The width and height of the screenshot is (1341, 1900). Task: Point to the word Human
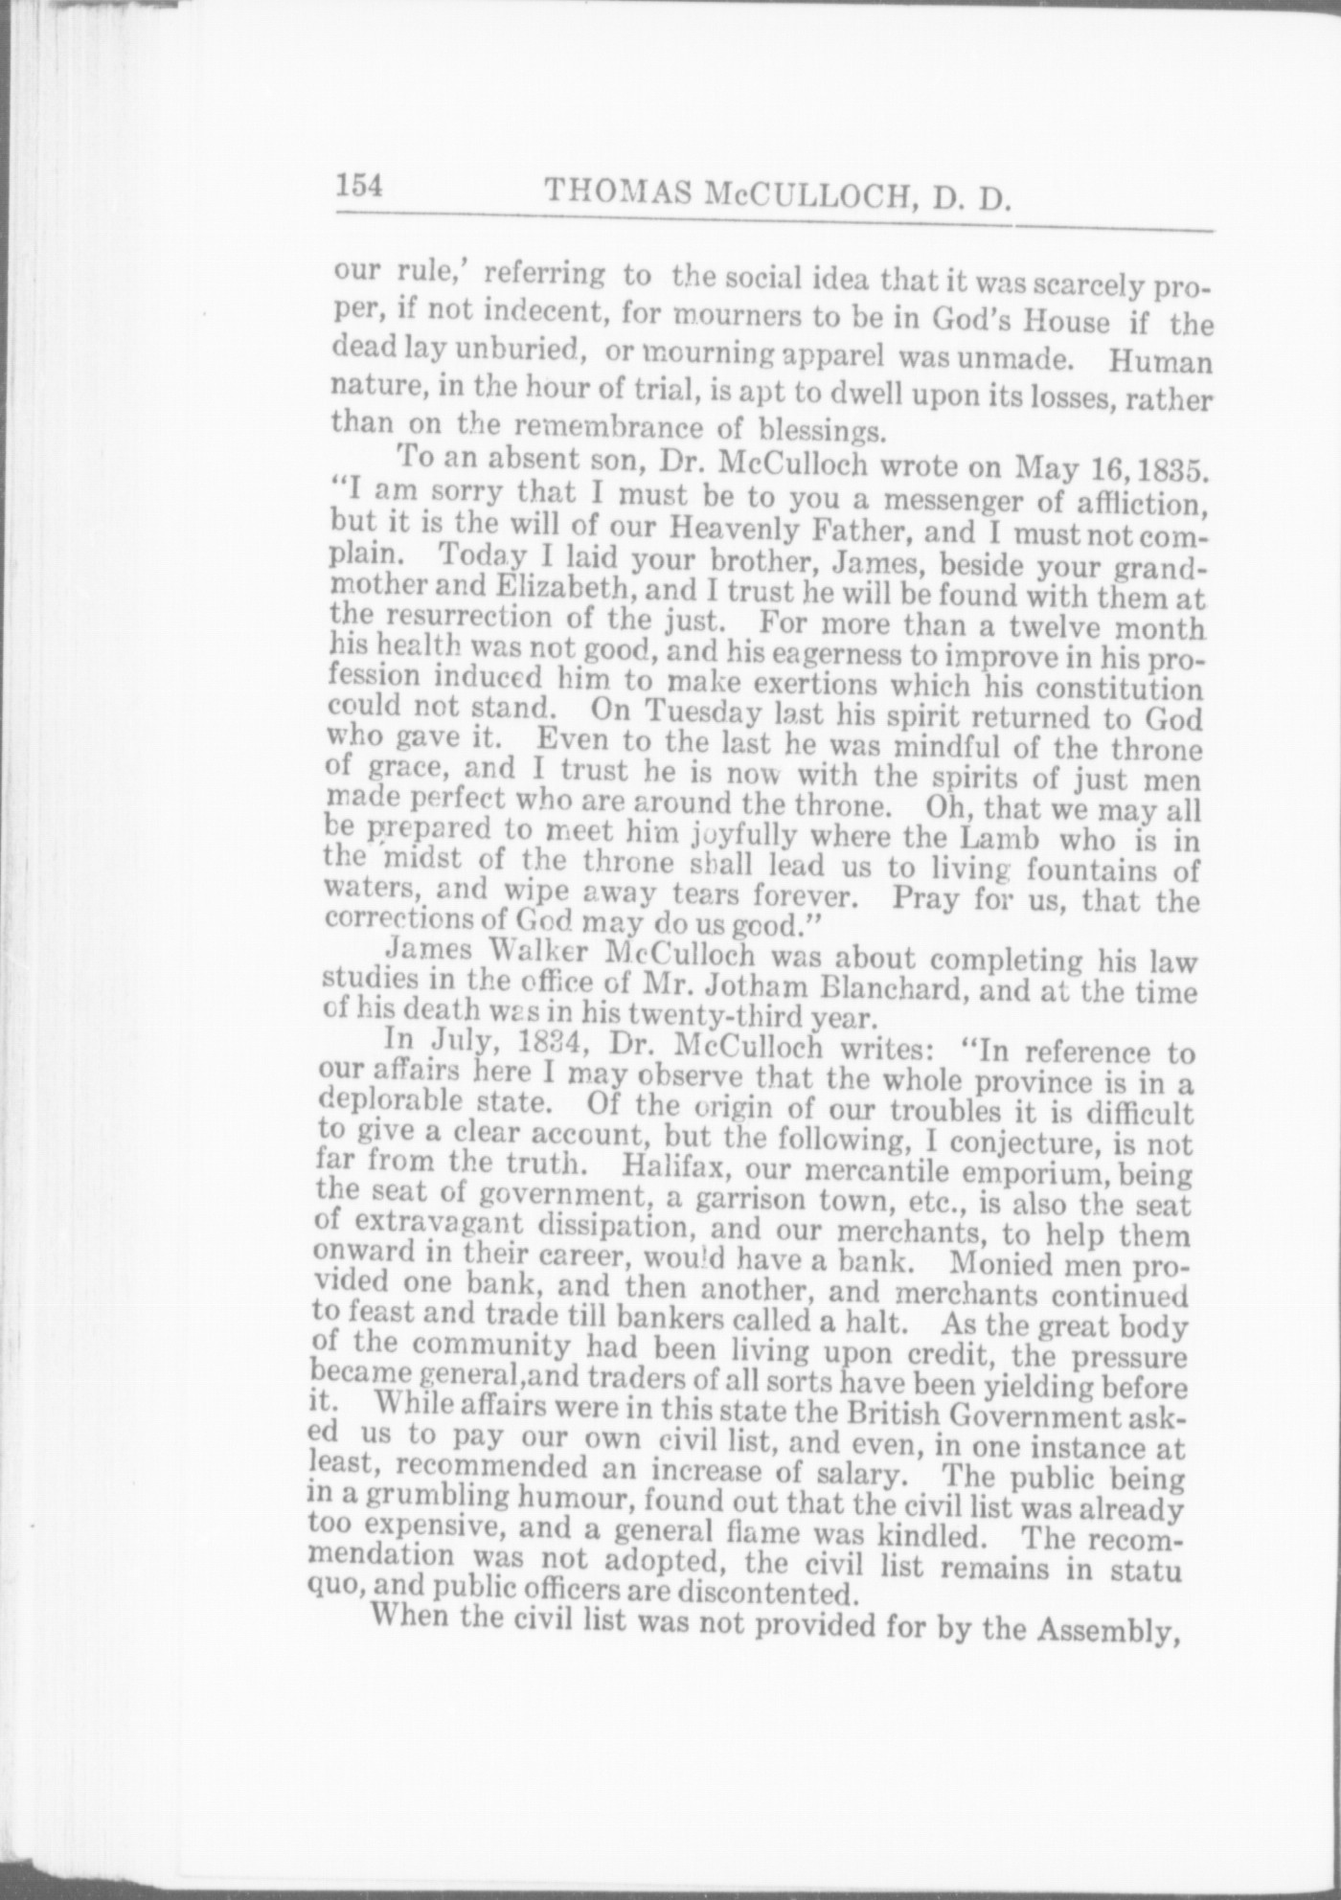1159,363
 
